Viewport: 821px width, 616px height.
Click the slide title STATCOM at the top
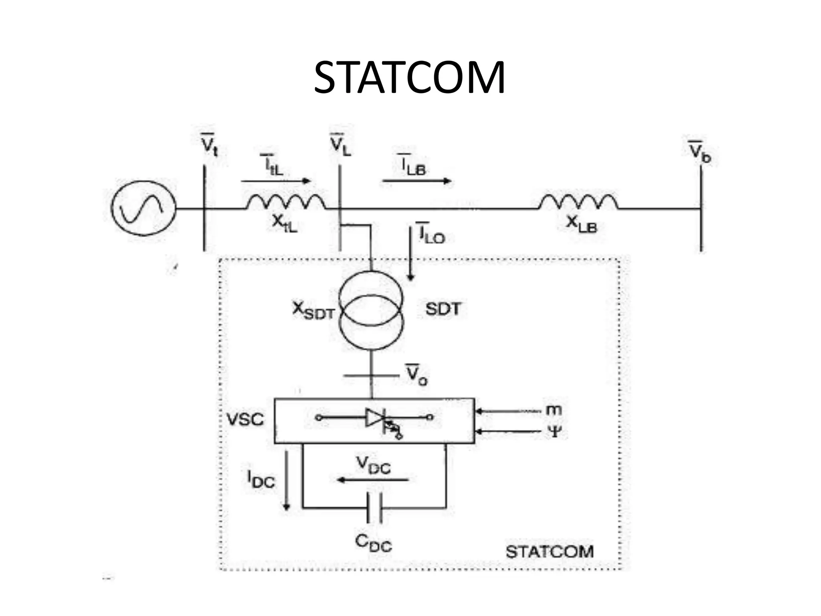(x=409, y=78)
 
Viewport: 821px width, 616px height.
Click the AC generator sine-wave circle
(x=143, y=208)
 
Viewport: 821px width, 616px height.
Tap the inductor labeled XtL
(x=285, y=202)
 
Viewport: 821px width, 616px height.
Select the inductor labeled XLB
(x=578, y=202)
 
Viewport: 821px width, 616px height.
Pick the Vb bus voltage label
(x=700, y=152)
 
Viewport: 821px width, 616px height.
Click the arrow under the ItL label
(x=276, y=181)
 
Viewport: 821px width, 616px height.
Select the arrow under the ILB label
(x=417, y=181)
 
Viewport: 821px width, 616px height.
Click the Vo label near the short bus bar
(x=417, y=375)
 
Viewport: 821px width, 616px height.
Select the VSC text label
(x=245, y=419)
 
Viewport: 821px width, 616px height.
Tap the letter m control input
(x=554, y=410)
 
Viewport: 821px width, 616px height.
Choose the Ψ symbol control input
(x=554, y=432)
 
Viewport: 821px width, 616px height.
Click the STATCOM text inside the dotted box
(x=549, y=552)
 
